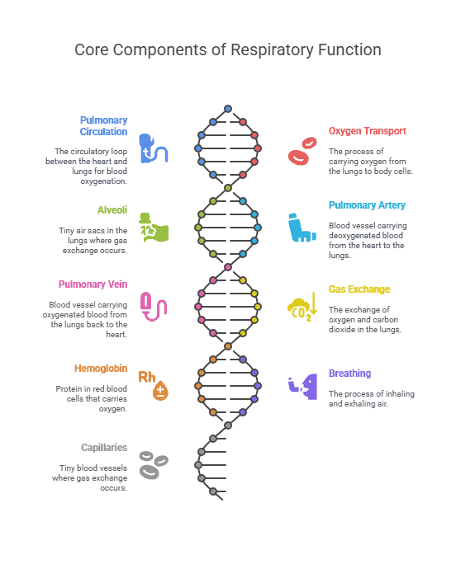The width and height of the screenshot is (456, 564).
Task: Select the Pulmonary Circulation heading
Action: point(103,126)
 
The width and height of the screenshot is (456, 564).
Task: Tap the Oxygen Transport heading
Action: point(368,131)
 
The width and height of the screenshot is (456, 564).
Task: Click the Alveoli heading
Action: point(112,210)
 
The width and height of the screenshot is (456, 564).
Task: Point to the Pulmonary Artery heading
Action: point(367,205)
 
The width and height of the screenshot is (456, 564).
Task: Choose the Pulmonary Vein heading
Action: point(93,284)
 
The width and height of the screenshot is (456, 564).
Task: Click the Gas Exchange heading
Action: point(359,289)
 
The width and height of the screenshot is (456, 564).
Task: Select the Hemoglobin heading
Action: point(101,369)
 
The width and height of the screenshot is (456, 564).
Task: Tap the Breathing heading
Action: point(349,374)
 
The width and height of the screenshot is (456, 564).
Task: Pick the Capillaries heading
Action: point(104,448)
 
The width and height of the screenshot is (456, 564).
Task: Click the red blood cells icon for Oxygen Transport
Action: point(302,151)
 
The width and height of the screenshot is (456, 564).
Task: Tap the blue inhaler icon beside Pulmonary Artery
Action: point(302,228)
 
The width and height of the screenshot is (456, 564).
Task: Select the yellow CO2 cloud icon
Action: point(302,307)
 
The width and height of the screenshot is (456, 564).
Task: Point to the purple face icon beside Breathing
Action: point(303,387)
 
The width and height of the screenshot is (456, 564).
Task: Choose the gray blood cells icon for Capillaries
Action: point(154,465)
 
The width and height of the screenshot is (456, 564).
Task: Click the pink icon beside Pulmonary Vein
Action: point(154,307)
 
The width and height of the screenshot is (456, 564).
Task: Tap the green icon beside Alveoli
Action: point(154,228)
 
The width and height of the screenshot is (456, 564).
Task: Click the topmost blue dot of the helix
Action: point(228,109)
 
